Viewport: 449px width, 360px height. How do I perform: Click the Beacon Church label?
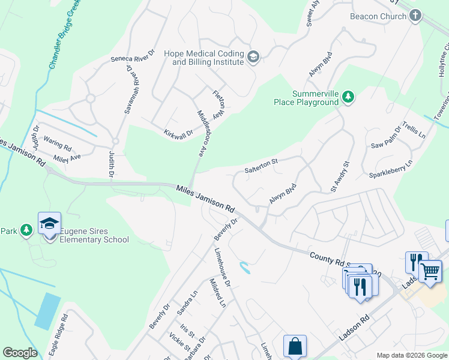[378, 16]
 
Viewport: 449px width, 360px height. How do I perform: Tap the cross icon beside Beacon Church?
[415, 16]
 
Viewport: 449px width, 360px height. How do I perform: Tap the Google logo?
[19, 353]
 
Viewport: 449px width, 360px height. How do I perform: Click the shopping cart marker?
[430, 271]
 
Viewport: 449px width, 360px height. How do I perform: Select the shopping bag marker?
[295, 346]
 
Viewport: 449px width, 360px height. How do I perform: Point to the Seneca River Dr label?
[132, 59]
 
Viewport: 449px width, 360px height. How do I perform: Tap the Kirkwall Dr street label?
[178, 132]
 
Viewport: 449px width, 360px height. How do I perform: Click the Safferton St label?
[262, 166]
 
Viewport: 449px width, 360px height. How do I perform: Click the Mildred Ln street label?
[217, 293]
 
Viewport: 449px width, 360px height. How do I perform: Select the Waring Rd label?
[58, 147]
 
